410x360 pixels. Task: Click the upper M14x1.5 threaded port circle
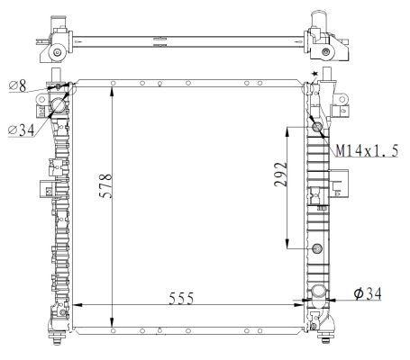point(316,129)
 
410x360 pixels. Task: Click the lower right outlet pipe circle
point(317,292)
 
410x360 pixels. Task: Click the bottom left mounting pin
point(59,339)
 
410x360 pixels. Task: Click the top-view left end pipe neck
point(56,18)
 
